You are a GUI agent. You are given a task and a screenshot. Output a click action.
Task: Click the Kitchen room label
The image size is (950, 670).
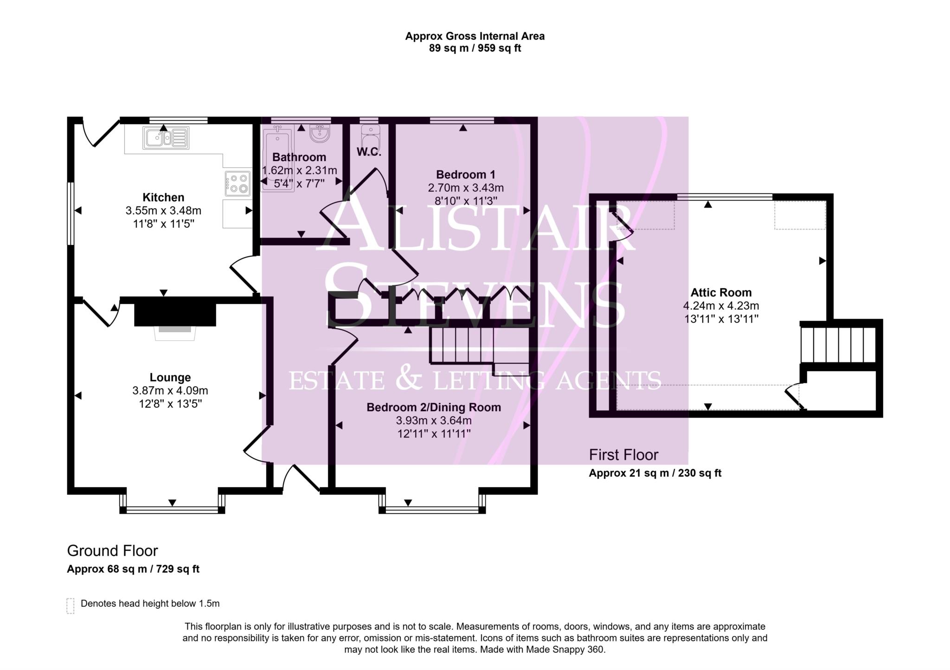163,197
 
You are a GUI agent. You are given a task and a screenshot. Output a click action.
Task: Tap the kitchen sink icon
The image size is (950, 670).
166,137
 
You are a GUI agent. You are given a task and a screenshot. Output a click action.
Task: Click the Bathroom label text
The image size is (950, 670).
299,157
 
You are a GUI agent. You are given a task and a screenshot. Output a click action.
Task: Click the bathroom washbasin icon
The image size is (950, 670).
320,134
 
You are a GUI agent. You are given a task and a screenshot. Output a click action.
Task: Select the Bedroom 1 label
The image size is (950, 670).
465,174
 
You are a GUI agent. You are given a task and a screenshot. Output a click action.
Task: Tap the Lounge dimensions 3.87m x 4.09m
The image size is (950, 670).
170,391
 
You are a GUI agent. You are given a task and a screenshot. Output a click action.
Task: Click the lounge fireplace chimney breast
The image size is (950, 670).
175,315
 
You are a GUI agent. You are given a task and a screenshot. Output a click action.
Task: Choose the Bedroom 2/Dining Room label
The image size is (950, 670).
433,407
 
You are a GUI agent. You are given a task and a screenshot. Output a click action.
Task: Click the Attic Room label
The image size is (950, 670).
720,292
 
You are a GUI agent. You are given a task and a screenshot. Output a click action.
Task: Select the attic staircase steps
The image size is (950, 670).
838,345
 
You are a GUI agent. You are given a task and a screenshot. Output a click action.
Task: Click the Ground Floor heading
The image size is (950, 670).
112,551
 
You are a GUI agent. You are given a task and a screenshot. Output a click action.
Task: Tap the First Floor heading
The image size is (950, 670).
623,455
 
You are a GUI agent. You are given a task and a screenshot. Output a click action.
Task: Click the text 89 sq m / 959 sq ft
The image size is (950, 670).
475,48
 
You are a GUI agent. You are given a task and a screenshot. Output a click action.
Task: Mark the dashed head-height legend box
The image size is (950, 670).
71,606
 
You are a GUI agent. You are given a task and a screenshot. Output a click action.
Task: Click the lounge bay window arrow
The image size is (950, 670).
172,502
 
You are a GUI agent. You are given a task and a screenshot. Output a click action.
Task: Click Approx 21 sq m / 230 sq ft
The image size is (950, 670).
655,473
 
